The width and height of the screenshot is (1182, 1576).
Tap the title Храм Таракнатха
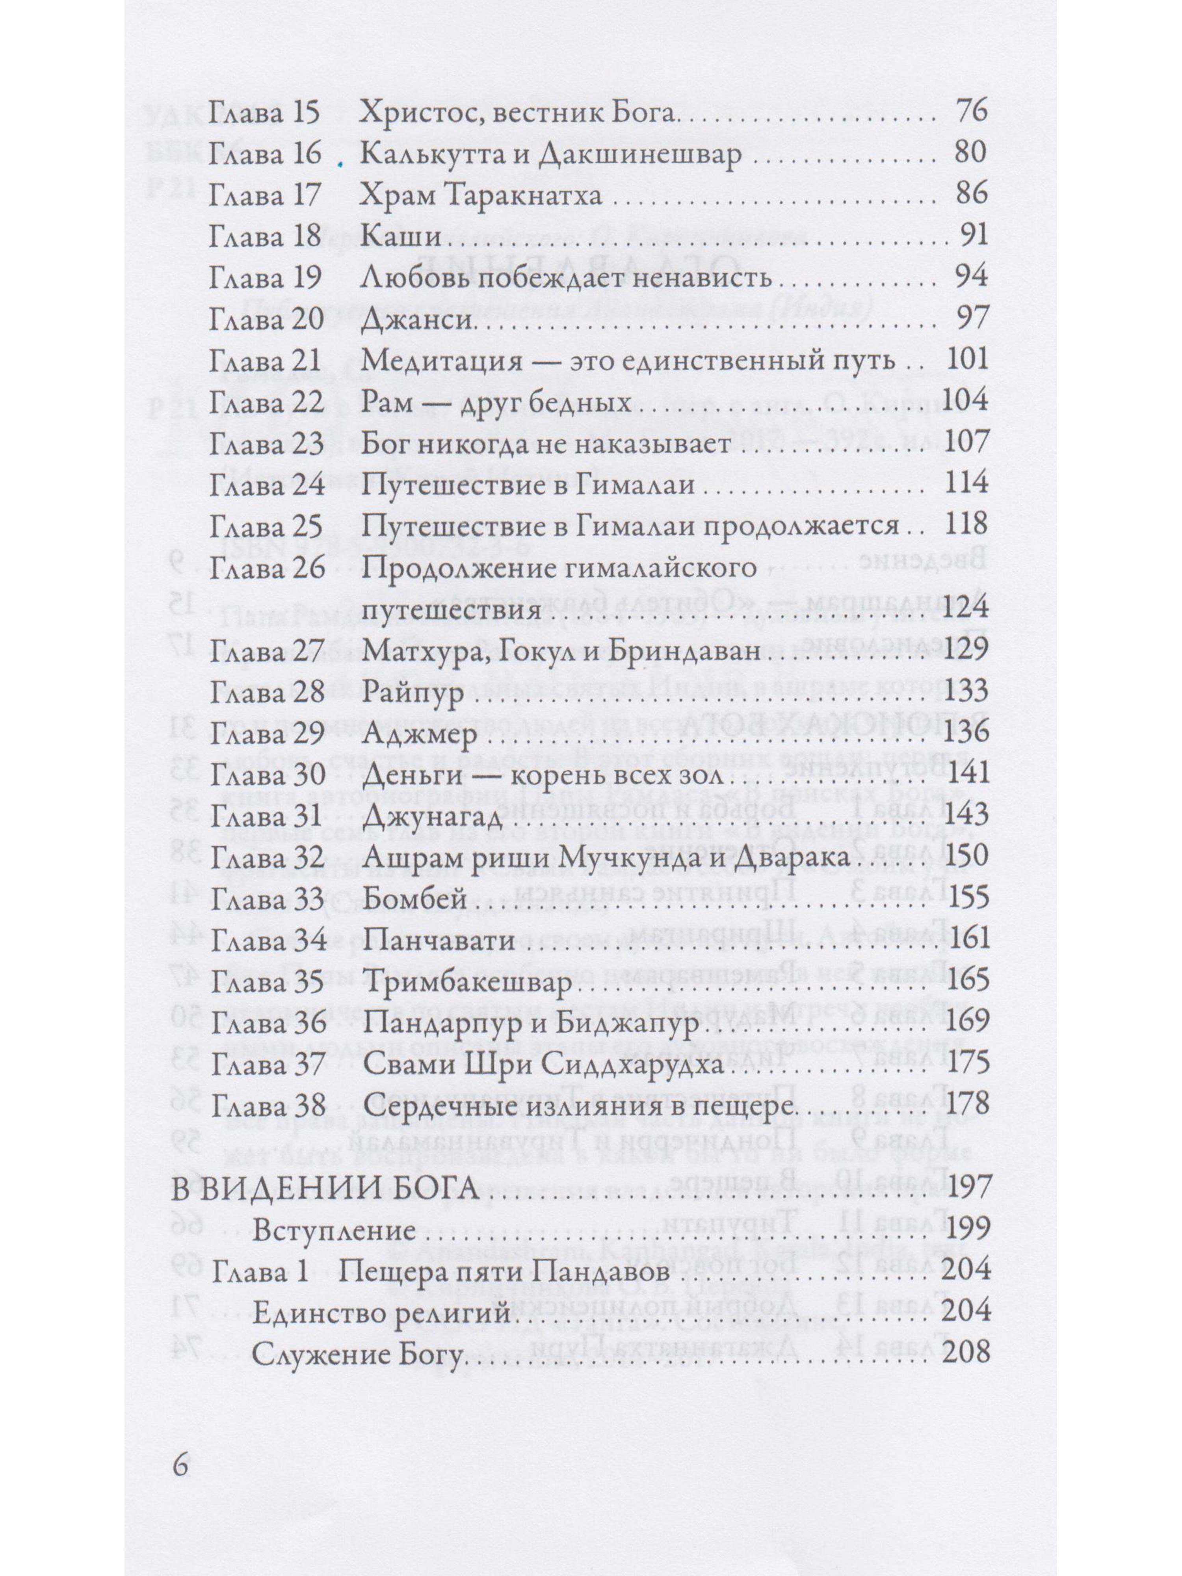(x=481, y=195)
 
